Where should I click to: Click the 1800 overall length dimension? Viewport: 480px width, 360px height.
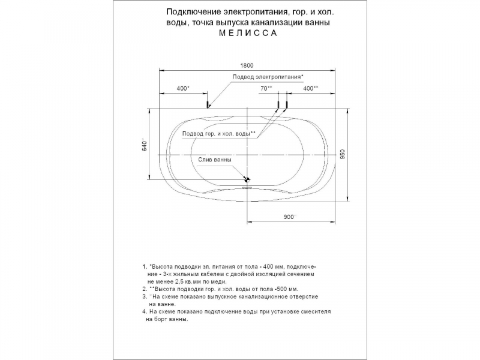click(247, 65)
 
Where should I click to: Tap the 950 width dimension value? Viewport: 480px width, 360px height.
click(343, 154)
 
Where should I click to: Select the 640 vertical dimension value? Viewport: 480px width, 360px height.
click(145, 146)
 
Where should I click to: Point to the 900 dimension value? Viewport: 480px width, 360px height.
click(290, 217)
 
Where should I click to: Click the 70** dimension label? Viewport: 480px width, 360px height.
click(266, 88)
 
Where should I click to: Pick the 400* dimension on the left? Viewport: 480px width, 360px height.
click(183, 88)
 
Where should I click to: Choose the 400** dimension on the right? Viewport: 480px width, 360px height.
click(310, 88)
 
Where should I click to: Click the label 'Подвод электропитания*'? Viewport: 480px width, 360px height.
click(268, 77)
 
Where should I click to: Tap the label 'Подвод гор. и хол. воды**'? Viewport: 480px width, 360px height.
click(219, 134)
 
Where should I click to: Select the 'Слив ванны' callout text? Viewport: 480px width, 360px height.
click(215, 160)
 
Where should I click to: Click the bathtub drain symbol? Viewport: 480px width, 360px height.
click(247, 179)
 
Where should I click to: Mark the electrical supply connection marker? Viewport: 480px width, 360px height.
click(208, 104)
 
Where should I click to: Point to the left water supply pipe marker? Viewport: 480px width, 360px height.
click(278, 104)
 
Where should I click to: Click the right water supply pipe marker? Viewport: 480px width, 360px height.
click(287, 104)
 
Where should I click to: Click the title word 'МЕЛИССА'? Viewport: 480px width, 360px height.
click(248, 33)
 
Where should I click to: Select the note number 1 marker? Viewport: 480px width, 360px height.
click(145, 266)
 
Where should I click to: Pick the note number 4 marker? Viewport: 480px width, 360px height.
click(145, 311)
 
